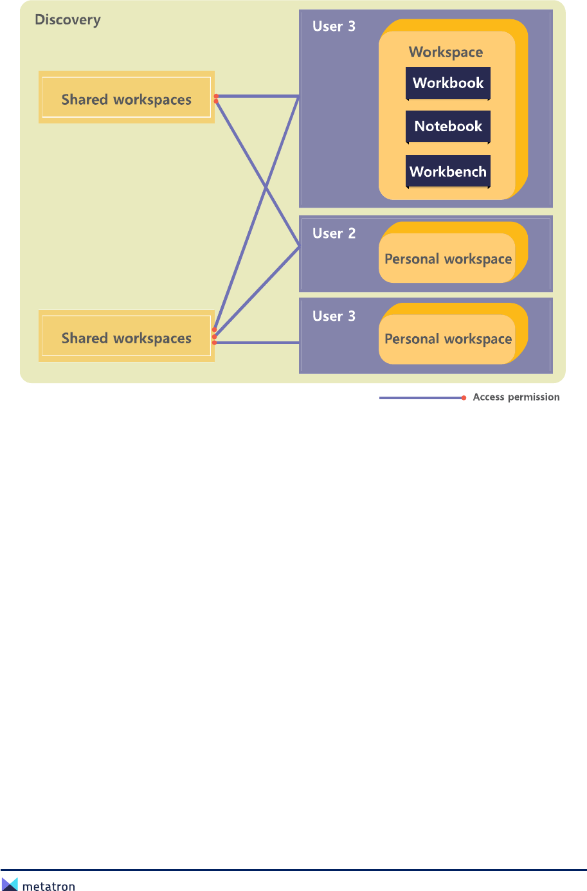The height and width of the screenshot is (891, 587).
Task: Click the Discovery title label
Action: click(68, 20)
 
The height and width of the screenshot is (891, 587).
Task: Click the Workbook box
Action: click(448, 83)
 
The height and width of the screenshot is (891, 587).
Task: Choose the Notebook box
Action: click(448, 127)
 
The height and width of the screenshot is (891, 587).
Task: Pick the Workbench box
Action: click(448, 172)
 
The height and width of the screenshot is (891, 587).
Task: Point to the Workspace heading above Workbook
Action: click(446, 52)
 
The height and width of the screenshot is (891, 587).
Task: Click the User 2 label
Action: click(334, 233)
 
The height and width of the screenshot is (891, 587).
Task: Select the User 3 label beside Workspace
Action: click(334, 26)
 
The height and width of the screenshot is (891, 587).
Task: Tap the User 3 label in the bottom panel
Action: click(334, 316)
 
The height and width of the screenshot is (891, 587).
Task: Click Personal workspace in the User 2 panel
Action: click(448, 259)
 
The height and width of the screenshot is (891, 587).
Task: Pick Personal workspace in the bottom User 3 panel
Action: click(448, 339)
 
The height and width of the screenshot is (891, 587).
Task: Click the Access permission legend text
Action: click(516, 397)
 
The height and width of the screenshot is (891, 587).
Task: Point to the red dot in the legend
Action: click(464, 398)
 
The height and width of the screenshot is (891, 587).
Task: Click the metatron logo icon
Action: click(10, 884)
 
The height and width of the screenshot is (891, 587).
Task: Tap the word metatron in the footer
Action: click(49, 887)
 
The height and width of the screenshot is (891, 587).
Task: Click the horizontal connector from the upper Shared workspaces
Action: click(257, 96)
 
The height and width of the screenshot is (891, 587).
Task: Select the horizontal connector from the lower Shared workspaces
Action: click(257, 343)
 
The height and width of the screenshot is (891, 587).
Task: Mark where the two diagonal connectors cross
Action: click(266, 187)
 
